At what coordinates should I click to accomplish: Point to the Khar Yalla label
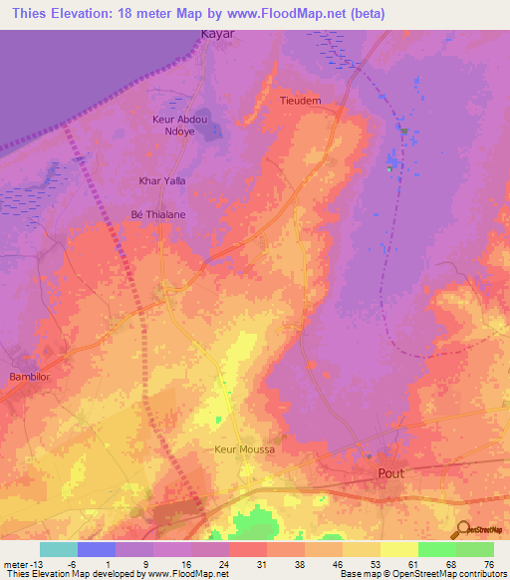[x=161, y=180]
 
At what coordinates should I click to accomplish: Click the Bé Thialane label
[x=158, y=213]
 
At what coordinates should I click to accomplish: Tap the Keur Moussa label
[x=244, y=449]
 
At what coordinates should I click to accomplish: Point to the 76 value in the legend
[x=487, y=563]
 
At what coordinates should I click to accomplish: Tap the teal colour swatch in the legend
[x=59, y=549]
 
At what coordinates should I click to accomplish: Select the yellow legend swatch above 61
[x=399, y=549]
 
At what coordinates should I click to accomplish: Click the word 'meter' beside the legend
[x=16, y=563]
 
